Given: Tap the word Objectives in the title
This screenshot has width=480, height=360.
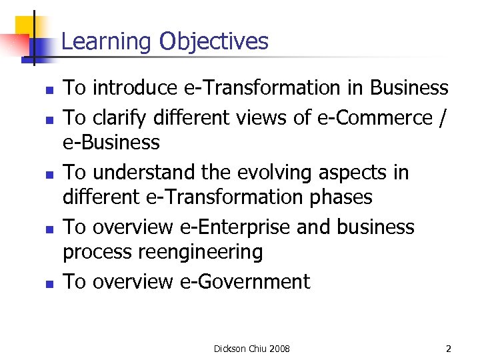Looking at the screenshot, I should (x=213, y=42).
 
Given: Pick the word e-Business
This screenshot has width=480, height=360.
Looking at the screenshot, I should (x=111, y=143).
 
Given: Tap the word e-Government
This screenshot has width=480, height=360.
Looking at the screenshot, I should (x=245, y=282).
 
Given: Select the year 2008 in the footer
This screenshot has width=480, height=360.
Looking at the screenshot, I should (x=280, y=348).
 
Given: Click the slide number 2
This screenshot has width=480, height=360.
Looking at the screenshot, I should (x=449, y=348).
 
